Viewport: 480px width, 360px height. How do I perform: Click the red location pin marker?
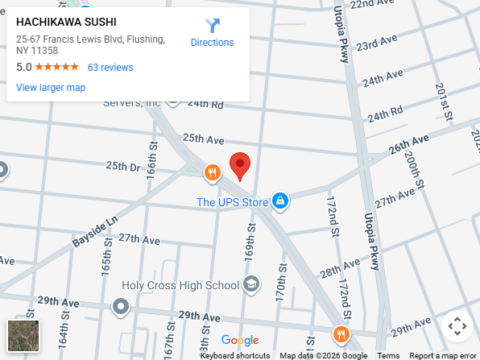click(x=240, y=165)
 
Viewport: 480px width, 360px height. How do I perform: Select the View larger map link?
click(x=51, y=88)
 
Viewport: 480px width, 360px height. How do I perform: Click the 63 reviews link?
click(x=110, y=68)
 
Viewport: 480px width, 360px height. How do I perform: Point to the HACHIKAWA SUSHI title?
click(x=66, y=23)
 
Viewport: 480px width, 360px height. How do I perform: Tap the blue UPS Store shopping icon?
click(x=279, y=201)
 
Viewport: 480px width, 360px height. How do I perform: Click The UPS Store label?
click(x=232, y=202)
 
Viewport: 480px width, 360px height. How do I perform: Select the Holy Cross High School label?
click(x=180, y=285)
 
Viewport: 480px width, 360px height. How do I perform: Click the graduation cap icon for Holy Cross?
click(x=252, y=284)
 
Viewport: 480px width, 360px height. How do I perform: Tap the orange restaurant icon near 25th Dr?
click(x=213, y=172)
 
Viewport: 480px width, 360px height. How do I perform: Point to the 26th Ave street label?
click(x=409, y=146)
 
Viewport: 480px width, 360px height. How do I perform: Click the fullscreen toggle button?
click(x=457, y=326)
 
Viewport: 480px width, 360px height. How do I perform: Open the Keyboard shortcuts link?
click(x=235, y=355)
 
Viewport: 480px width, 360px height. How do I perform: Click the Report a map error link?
click(x=443, y=355)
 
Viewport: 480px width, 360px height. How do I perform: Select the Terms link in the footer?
click(x=388, y=355)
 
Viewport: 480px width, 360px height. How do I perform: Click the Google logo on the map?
click(x=240, y=340)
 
